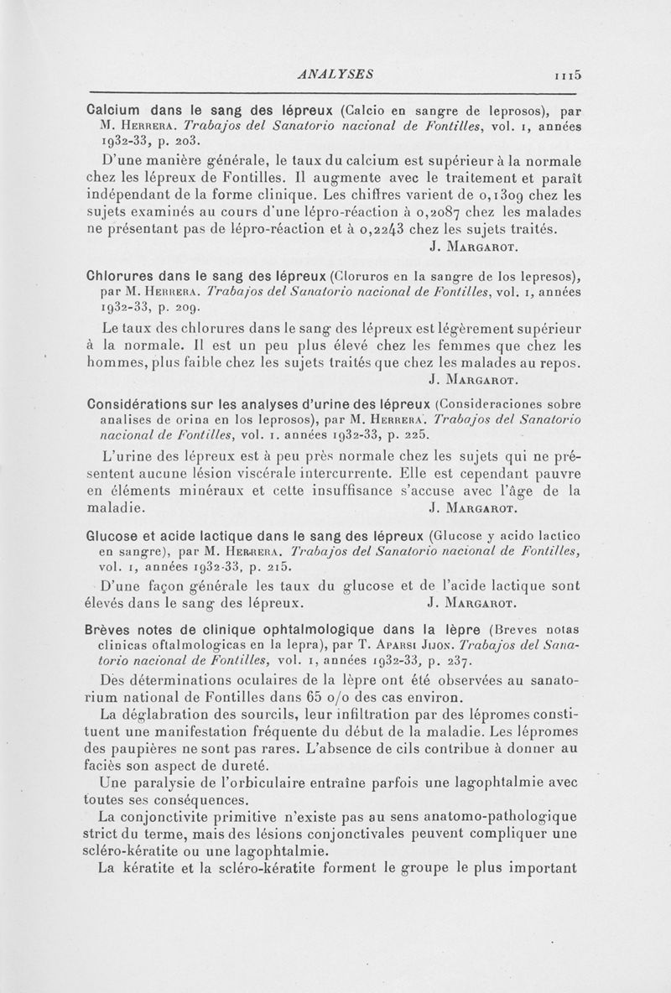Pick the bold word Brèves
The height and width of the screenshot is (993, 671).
point(112,629)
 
